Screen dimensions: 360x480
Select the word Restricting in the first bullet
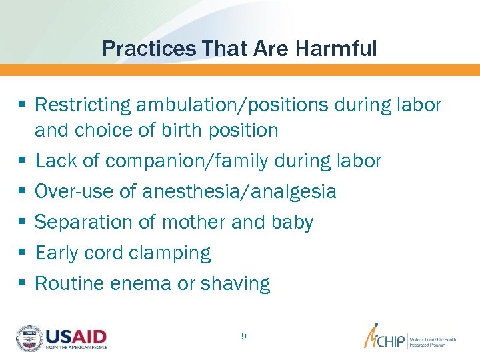point(83,105)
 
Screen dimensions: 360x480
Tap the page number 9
point(243,337)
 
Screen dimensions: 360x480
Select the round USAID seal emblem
point(29,338)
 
